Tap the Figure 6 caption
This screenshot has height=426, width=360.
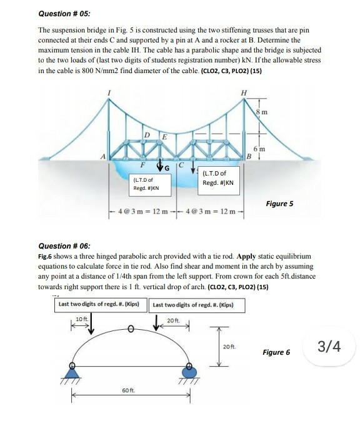(277, 352)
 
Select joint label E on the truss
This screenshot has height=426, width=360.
(164, 137)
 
